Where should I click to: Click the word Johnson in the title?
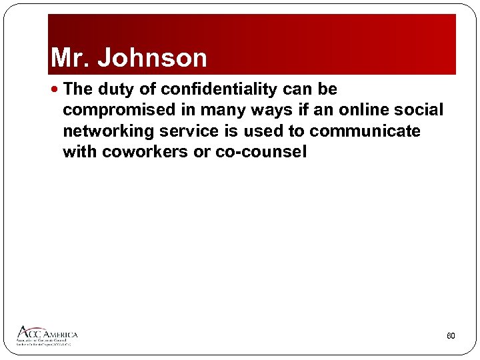point(153,58)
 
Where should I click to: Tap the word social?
point(420,110)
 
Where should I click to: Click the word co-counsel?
point(261,152)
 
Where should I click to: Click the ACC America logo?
point(47,335)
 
